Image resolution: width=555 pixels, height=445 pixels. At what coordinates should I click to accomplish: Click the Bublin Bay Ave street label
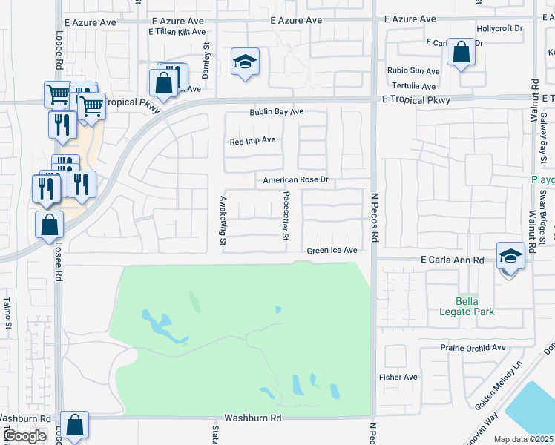pos(276,113)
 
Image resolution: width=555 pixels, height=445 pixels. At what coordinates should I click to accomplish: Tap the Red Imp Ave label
pos(252,140)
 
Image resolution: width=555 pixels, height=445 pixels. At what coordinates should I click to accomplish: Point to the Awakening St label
pos(222,220)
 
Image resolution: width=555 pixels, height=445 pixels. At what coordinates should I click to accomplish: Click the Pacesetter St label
pos(286,216)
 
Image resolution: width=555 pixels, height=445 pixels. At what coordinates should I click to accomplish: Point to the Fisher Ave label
pos(398,377)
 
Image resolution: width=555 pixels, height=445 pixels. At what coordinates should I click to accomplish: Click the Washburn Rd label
pos(254,418)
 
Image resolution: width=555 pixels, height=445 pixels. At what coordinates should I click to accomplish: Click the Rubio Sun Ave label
pos(413,71)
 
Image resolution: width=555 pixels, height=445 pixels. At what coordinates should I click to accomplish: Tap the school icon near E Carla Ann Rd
pos(510,256)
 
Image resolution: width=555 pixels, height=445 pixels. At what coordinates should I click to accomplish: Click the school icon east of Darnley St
pos(244,62)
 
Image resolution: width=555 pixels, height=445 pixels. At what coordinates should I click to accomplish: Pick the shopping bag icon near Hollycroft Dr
pos(461,53)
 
